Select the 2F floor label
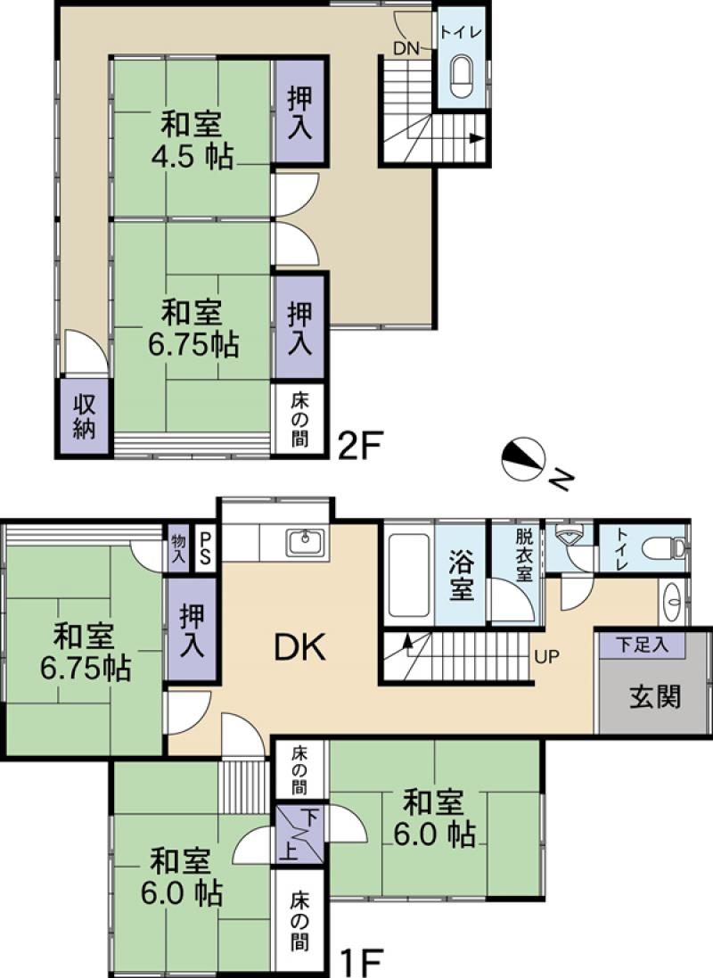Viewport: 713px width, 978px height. [x=359, y=444]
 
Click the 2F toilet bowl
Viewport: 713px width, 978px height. [x=463, y=77]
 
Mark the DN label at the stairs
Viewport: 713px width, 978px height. [x=406, y=49]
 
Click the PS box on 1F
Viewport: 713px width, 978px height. [x=206, y=542]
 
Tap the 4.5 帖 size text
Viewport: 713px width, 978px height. [x=192, y=157]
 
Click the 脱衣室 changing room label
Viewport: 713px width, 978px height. [x=524, y=554]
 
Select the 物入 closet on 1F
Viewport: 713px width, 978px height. [x=178, y=547]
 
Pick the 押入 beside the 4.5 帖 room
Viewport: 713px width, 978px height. [x=299, y=111]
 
